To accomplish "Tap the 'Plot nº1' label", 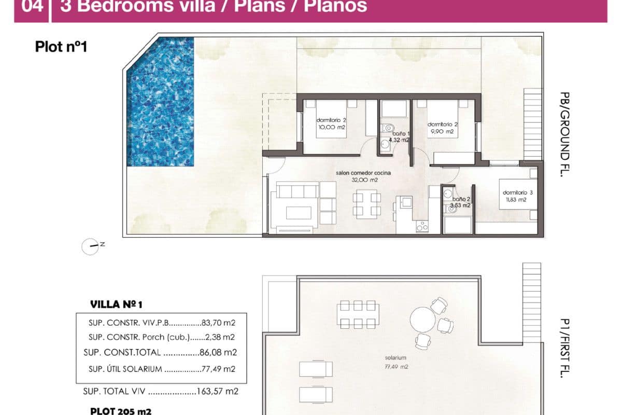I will pyautogui.click(x=61, y=47).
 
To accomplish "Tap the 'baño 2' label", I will pyautogui.click(x=461, y=199).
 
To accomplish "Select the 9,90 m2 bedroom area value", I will pyautogui.click(x=442, y=132).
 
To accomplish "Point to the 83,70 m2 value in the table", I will pyautogui.click(x=218, y=322).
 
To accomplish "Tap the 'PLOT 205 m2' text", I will pyautogui.click(x=120, y=411).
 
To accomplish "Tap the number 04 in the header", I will pyautogui.click(x=32, y=7).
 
